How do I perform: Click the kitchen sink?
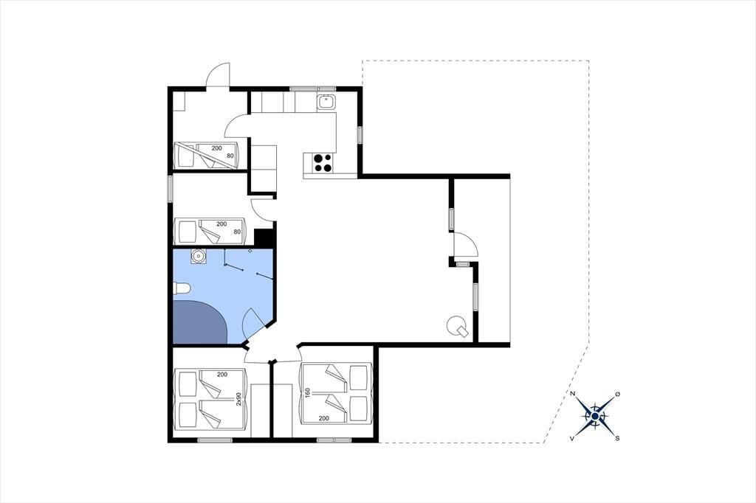coord(326,102)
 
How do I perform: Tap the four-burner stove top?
coord(323,162)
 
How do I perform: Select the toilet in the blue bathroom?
coord(182,288)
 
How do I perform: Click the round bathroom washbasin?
coord(198,257)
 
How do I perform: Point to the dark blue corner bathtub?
coord(199,322)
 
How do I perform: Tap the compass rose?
coord(596,416)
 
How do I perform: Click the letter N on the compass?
coord(573,394)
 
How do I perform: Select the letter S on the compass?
coord(617,438)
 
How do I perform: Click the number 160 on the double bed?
coord(306,394)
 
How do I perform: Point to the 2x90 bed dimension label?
coord(238,400)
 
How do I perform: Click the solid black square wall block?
coord(264,237)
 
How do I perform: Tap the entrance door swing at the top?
coord(218,75)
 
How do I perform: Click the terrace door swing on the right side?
coord(466,244)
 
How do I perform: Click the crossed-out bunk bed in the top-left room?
coord(207,155)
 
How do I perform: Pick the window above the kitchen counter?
coord(312,89)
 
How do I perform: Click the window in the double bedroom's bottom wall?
coord(334,440)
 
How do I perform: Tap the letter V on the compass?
coord(572,438)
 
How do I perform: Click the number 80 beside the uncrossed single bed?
coord(237,232)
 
